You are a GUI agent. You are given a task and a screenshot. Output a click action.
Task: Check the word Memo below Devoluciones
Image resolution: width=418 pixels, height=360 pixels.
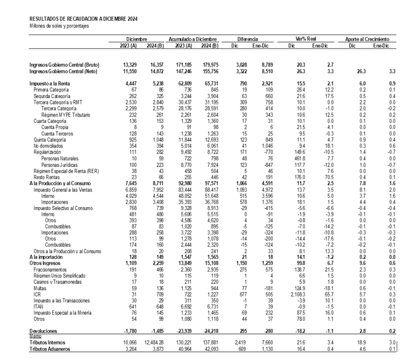[x=36, y=337]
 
